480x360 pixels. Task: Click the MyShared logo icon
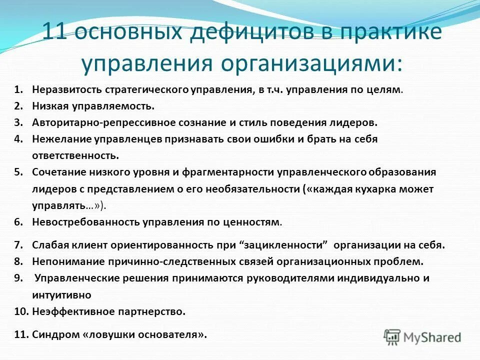click(392, 336)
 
